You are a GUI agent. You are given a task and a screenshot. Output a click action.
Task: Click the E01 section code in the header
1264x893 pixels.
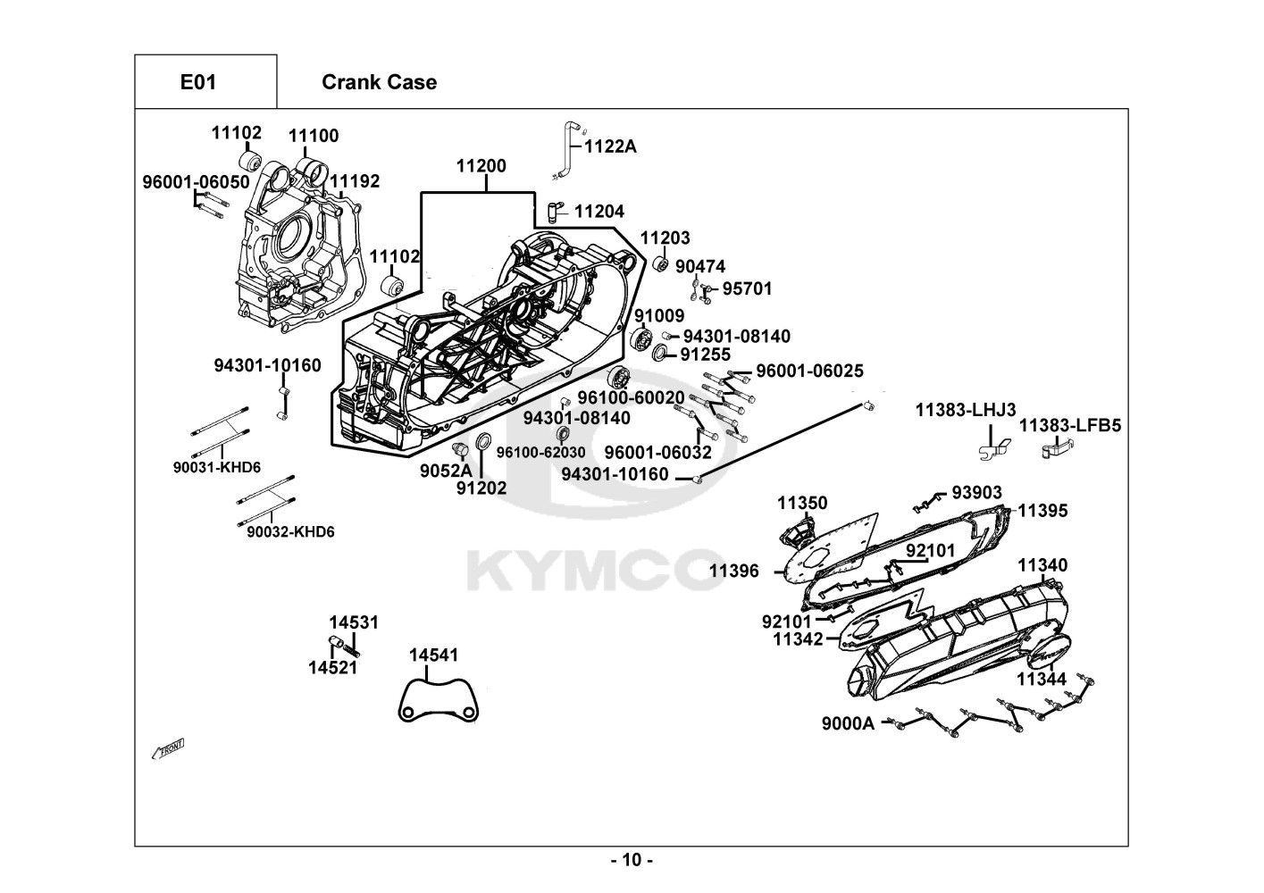pyautogui.click(x=198, y=82)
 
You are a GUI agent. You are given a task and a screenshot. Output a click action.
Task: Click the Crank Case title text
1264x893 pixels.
pyautogui.click(x=379, y=82)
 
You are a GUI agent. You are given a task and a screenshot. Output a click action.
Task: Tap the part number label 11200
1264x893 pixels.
pyautogui.click(x=481, y=166)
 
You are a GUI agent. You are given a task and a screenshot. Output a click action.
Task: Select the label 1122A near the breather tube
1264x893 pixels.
pyautogui.click(x=610, y=146)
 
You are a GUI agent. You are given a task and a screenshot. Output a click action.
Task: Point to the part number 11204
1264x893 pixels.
pyautogui.click(x=599, y=212)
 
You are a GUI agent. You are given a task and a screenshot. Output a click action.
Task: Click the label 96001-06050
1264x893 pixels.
pyautogui.click(x=196, y=181)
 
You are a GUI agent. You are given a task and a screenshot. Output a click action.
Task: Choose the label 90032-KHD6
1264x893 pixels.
pyautogui.click(x=290, y=532)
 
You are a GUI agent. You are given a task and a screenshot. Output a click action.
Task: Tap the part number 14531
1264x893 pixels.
pyautogui.click(x=353, y=622)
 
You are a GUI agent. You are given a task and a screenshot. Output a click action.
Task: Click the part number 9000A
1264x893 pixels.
pyautogui.click(x=848, y=724)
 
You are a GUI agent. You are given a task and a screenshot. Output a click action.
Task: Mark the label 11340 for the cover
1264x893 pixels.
pyautogui.click(x=1042, y=565)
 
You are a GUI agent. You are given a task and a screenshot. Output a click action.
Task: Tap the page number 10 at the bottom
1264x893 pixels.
pyautogui.click(x=632, y=861)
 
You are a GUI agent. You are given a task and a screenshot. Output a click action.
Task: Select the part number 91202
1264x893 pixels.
pyautogui.click(x=481, y=488)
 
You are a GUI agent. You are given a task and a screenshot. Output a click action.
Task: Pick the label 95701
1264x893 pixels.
pyautogui.click(x=747, y=288)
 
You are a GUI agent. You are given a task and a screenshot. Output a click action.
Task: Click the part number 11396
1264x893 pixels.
pyautogui.click(x=734, y=571)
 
